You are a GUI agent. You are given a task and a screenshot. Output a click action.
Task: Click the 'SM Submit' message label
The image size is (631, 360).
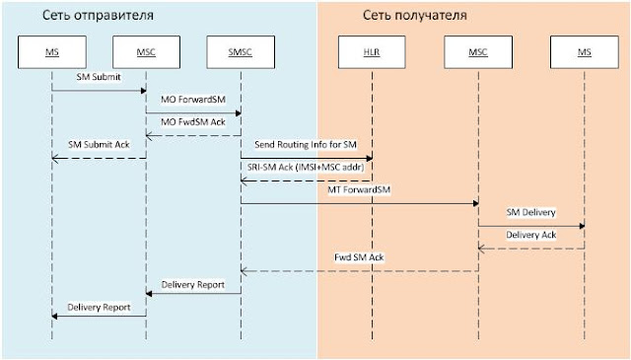point(98,77)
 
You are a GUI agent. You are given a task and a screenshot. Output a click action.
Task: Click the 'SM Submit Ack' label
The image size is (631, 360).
point(98,145)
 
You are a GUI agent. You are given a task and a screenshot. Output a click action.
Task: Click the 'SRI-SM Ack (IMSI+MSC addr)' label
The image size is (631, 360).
point(305,168)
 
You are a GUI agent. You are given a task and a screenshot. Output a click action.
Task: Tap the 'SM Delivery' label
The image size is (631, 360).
point(531,213)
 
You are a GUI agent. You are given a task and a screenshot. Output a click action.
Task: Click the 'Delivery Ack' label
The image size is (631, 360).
point(530,236)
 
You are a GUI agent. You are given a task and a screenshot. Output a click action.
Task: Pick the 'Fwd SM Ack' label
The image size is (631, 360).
point(359,258)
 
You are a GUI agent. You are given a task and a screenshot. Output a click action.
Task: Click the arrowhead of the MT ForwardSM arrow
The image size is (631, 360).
point(475,203)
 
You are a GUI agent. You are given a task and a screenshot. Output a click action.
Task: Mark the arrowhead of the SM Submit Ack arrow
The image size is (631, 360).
point(55,158)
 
